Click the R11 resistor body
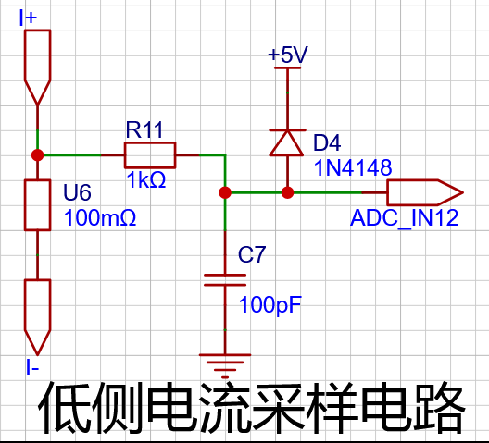[150, 155]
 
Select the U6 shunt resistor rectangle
[37, 205]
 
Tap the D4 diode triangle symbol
[287, 142]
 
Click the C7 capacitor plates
[225, 279]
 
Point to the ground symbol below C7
[225, 365]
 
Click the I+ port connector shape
[37, 67]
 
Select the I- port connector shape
[37, 317]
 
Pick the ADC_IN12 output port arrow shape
[425, 192]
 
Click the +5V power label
[288, 55]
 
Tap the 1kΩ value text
[146, 180]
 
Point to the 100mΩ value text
[100, 217]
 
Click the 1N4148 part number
[353, 167]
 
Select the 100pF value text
[270, 304]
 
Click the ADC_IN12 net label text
[404, 217]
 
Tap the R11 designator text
[144, 129]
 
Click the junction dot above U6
[37, 155]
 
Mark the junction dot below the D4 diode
[287, 192]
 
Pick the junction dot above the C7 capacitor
[225, 192]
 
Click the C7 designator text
[252, 254]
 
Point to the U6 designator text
[77, 191]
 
